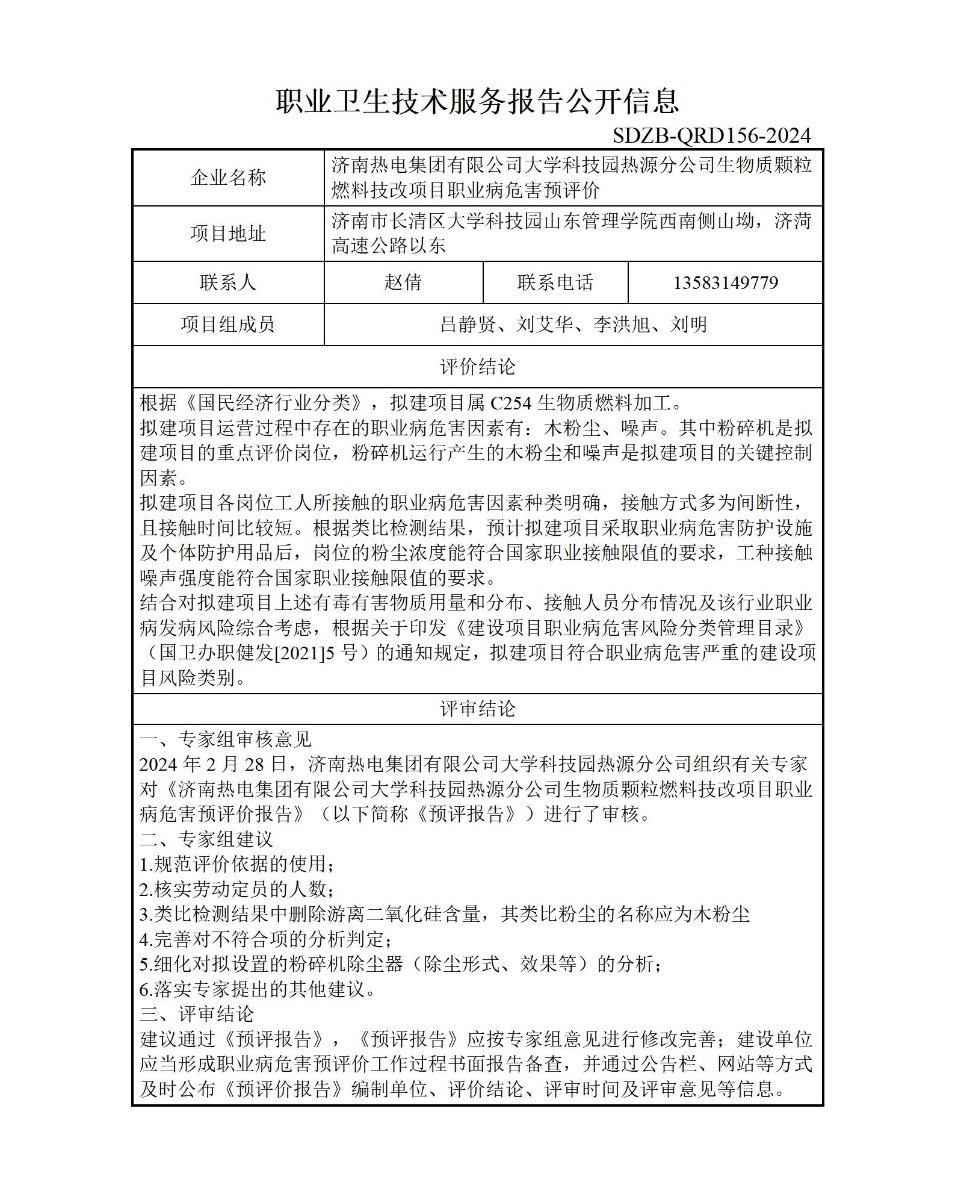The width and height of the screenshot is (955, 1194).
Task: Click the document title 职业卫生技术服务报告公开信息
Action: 477,101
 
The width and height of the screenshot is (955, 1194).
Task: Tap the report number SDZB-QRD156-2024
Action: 711,135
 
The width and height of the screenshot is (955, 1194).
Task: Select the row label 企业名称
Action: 228,178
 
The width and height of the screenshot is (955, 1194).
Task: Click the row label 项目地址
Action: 228,234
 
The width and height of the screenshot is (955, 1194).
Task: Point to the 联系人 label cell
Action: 228,282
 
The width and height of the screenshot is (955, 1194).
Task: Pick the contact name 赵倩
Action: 403,282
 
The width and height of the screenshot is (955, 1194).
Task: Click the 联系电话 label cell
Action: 555,282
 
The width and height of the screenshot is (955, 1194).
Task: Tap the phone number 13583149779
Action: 725,282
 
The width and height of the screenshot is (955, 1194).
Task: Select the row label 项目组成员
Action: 228,325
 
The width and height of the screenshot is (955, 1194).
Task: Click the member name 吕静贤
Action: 468,325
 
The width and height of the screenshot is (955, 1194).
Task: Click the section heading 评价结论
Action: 477,367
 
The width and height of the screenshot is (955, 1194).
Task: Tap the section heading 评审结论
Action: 477,709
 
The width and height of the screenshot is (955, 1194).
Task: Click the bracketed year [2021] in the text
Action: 299,653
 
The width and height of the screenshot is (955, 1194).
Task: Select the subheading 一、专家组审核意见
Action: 226,739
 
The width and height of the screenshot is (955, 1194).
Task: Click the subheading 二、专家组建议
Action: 206,839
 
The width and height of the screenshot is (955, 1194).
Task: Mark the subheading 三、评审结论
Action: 197,1014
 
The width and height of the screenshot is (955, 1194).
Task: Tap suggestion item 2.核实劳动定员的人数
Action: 236,889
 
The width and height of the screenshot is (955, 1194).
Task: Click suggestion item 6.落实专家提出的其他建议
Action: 257,989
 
